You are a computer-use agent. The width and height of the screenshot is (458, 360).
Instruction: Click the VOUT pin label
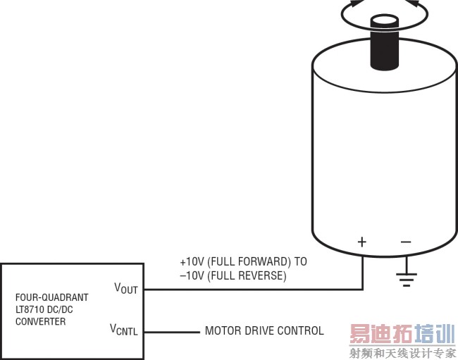click(x=126, y=288)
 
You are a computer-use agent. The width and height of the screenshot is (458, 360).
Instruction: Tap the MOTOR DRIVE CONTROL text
click(x=264, y=330)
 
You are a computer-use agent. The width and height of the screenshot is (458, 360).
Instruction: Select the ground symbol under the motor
click(x=406, y=277)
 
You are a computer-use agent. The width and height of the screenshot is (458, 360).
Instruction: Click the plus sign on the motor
click(x=362, y=242)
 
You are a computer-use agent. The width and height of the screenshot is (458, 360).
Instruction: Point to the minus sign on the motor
click(x=406, y=242)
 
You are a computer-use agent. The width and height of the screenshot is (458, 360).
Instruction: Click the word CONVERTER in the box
click(x=40, y=322)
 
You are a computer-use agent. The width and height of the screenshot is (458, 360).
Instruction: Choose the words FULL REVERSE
click(x=247, y=276)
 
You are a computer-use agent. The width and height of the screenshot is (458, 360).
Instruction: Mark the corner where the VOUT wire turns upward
click(x=362, y=289)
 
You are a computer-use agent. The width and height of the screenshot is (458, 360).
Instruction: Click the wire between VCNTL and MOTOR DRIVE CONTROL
click(x=173, y=331)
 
